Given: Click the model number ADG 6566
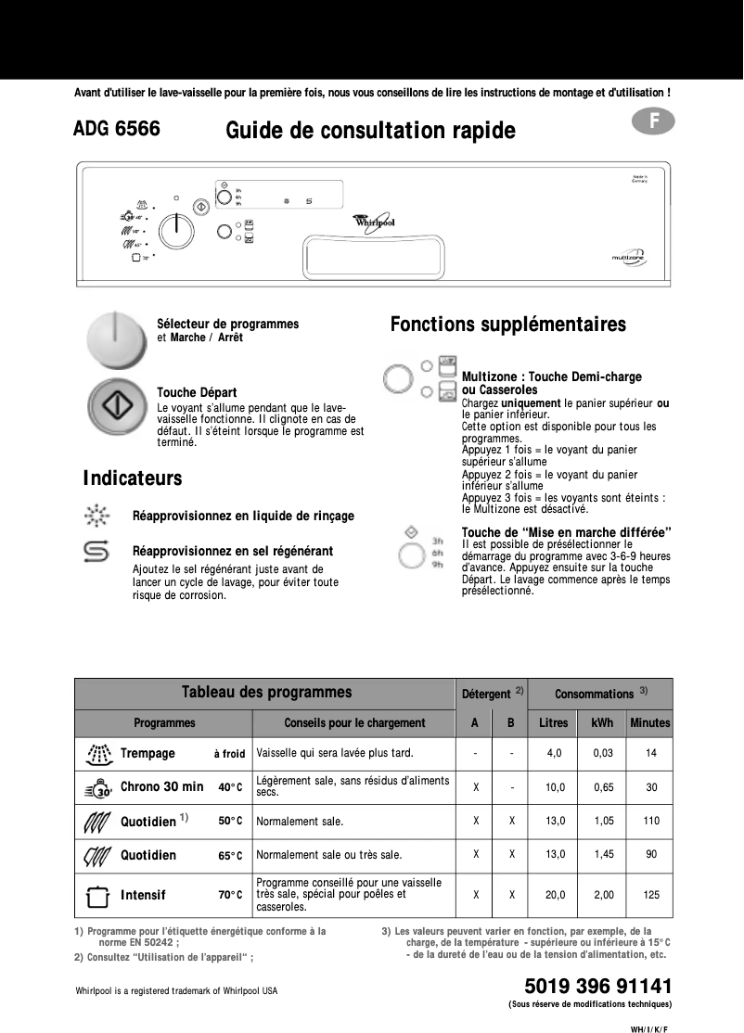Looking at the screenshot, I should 117,129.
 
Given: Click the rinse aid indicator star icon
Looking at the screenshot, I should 96,516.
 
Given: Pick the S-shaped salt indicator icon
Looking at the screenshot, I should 96,551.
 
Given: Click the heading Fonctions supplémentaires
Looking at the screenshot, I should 507,325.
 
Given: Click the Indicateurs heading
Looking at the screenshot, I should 132,478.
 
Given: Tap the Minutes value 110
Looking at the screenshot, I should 650,821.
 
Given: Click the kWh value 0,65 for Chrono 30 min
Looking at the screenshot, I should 603,786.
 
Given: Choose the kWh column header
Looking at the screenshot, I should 602,722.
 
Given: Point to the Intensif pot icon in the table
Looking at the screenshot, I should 97,896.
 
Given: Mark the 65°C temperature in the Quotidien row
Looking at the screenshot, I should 230,856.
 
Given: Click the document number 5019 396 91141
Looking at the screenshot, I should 597,985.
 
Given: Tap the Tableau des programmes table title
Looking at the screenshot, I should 266,692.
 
